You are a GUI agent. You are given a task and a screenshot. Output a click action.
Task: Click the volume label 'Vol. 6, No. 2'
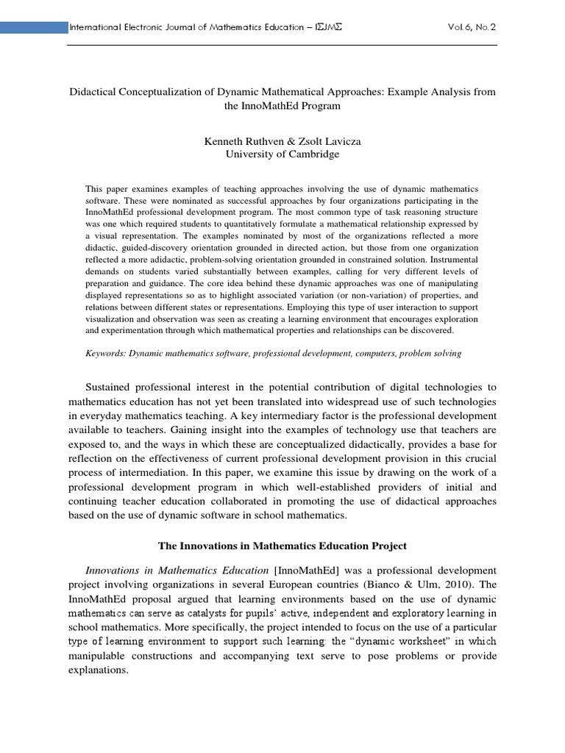(x=471, y=28)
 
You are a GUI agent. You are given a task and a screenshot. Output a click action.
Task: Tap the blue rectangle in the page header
(x=33, y=28)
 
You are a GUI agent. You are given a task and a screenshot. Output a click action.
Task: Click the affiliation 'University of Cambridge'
(x=282, y=154)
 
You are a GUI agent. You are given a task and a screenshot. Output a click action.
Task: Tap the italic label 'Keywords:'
(x=107, y=354)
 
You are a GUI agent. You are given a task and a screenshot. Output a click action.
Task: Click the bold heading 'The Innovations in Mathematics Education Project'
(x=282, y=546)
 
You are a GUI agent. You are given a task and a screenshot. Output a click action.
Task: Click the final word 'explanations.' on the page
(x=99, y=670)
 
